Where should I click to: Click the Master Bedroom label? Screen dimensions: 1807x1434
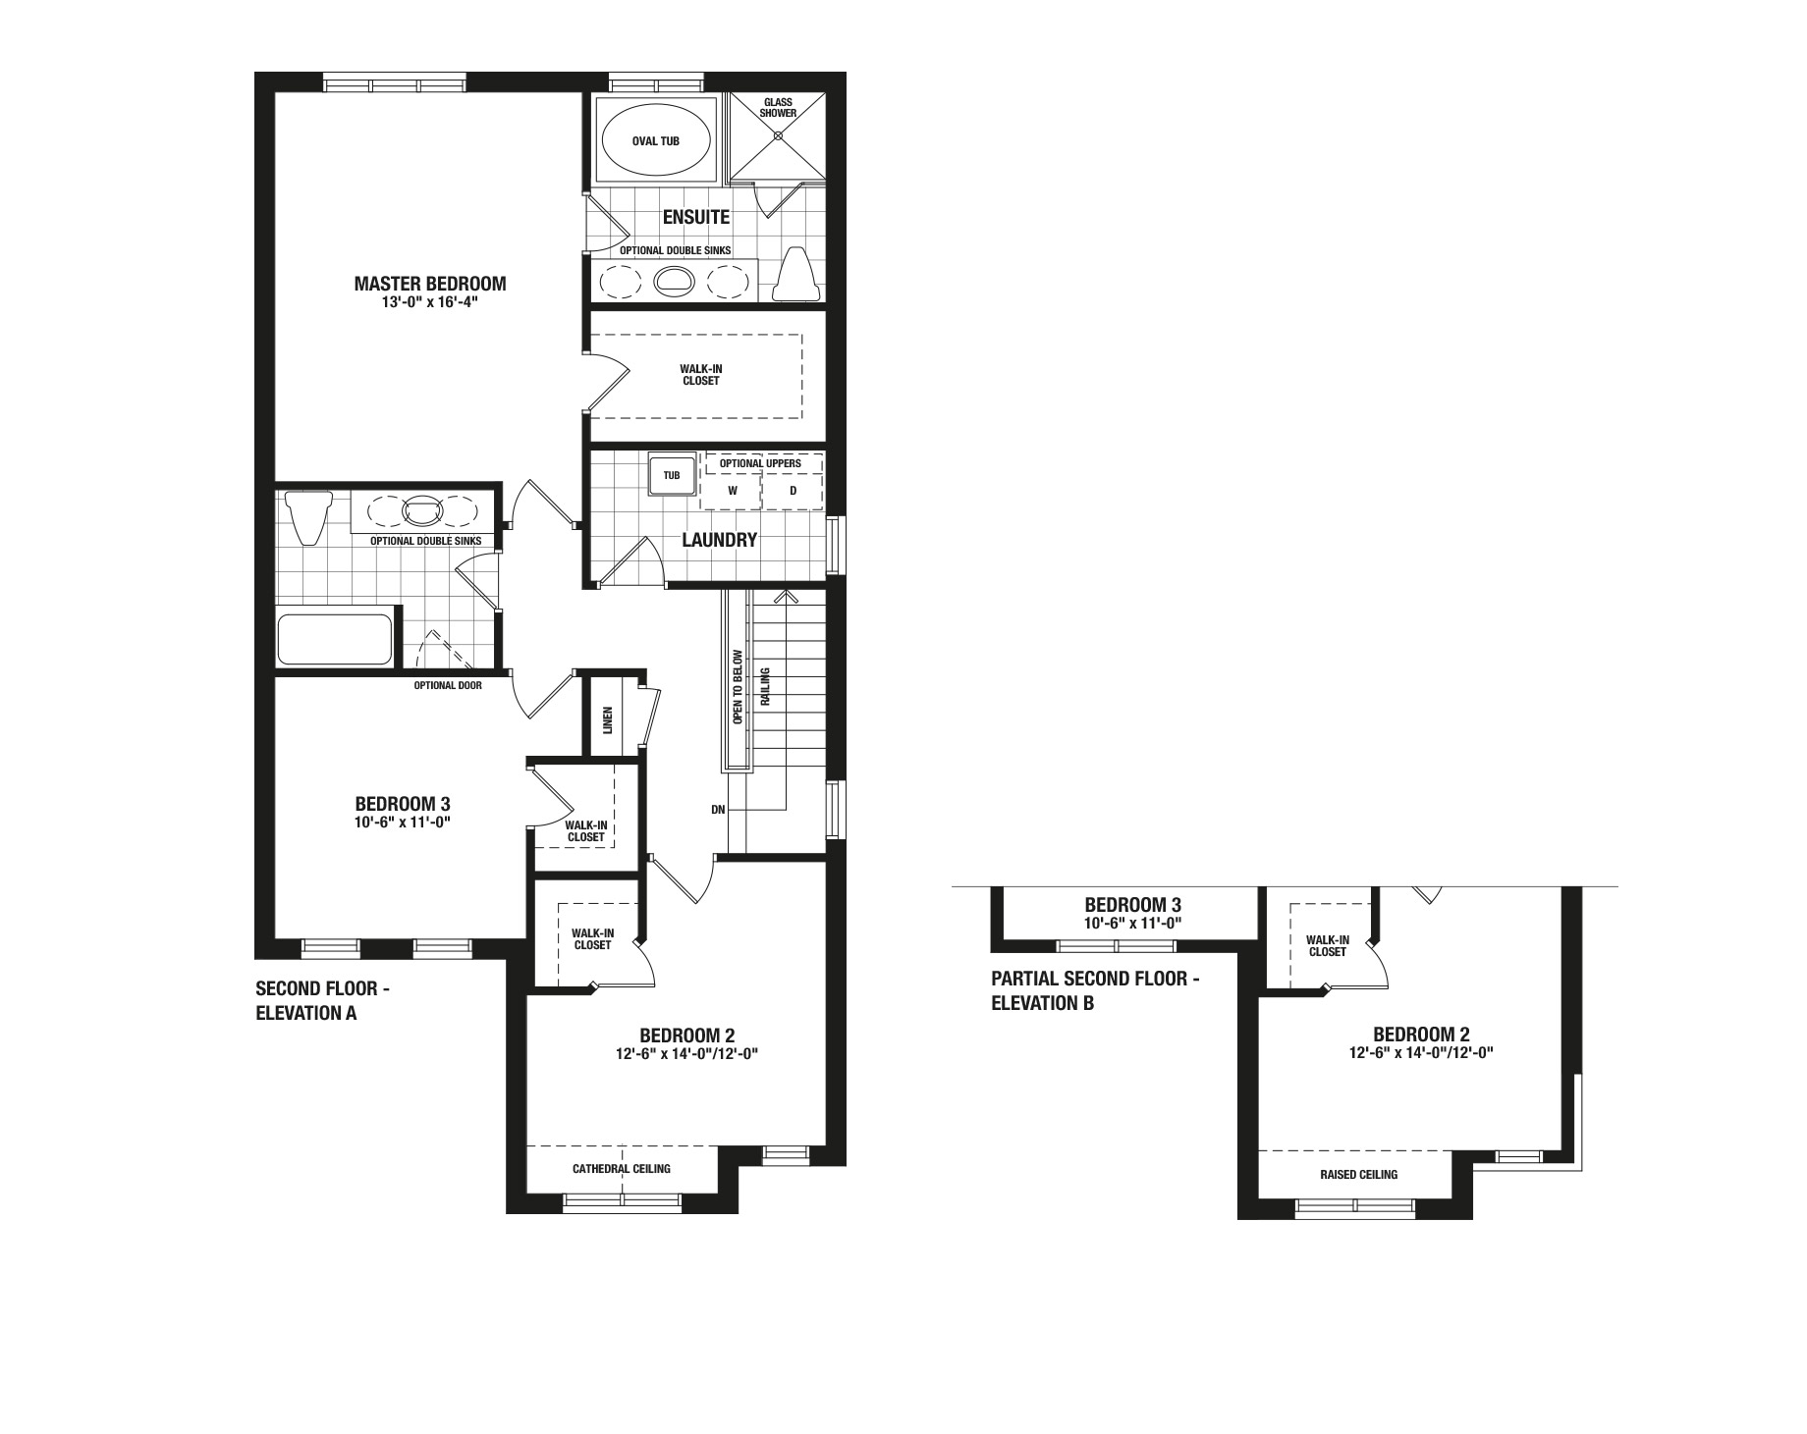point(430,284)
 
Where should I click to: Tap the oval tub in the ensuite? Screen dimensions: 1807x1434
point(656,140)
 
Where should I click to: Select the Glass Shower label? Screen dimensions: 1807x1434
point(779,108)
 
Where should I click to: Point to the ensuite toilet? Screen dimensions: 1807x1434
point(796,275)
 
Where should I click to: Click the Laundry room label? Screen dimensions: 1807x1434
point(720,540)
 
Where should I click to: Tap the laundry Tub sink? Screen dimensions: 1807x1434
point(672,476)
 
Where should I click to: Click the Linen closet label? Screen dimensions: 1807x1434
point(607,720)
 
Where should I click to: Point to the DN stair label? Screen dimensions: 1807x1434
point(718,810)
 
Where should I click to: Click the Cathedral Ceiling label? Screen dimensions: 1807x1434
point(622,1168)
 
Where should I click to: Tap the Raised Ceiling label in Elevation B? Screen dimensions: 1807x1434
point(1359,1174)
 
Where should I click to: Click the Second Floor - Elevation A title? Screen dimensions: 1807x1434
point(323,1001)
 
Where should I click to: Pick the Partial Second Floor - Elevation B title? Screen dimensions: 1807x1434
point(1096,990)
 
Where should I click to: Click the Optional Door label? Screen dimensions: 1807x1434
point(448,685)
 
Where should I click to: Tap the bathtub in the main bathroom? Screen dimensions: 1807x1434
point(335,639)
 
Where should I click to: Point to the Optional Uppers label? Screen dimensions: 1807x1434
point(760,463)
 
